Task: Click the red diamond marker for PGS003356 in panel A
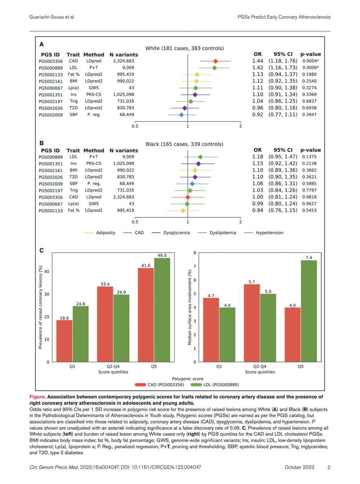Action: click(x=216, y=61)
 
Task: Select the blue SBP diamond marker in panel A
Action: click(x=181, y=115)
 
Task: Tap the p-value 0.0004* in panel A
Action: click(x=311, y=61)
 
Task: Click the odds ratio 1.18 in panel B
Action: click(x=258, y=156)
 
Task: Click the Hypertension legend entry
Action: click(x=269, y=233)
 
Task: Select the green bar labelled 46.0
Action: click(x=162, y=310)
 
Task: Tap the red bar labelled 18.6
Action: click(x=65, y=341)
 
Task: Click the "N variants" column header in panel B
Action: click(x=124, y=150)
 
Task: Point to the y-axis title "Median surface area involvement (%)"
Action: click(x=189, y=307)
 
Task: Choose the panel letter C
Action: click(x=42, y=250)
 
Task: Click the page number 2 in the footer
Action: click(x=329, y=467)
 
